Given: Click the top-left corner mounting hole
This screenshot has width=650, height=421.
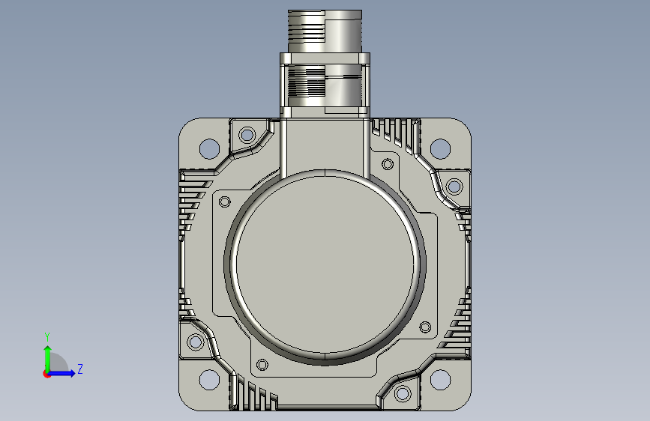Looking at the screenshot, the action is [x=209, y=148].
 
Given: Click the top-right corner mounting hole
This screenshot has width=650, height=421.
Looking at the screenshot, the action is [x=440, y=148].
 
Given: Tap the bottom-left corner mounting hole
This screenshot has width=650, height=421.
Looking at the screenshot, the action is [x=209, y=380].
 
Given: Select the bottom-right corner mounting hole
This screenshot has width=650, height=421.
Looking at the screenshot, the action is [x=440, y=380].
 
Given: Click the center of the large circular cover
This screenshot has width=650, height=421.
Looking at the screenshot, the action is [x=325, y=266].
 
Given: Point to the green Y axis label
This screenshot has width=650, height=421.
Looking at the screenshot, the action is [x=47, y=337].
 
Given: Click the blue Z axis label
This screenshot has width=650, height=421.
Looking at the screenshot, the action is [x=80, y=369].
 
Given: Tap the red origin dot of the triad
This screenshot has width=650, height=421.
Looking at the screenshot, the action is [x=46, y=374].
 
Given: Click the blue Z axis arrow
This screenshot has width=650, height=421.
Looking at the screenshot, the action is [x=62, y=373].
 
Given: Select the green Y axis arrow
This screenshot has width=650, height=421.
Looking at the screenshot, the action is [x=48, y=359].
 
